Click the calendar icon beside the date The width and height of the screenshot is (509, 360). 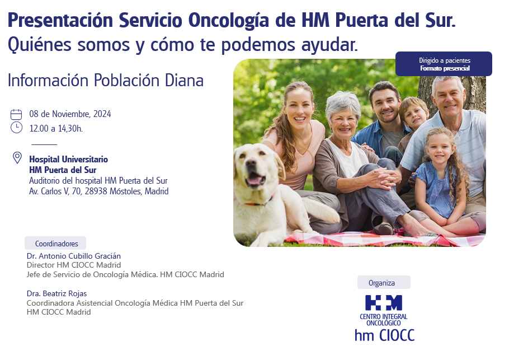pyautogui.click(x=16, y=114)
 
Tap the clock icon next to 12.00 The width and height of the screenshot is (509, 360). pyautogui.click(x=16, y=128)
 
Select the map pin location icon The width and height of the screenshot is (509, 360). pyautogui.click(x=17, y=157)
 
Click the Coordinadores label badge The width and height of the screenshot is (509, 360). pyautogui.click(x=55, y=244)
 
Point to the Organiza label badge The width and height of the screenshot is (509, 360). pyautogui.click(x=384, y=283)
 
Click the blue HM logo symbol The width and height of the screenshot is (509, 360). pyautogui.click(x=383, y=303)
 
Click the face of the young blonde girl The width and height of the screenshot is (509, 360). pyautogui.click(x=439, y=150)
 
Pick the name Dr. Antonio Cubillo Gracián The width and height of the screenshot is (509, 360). pyautogui.click(x=74, y=256)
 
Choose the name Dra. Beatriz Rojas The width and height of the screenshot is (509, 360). pyautogui.click(x=57, y=294)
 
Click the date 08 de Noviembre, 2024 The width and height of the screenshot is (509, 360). pyautogui.click(x=70, y=114)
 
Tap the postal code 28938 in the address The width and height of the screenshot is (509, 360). pyautogui.click(x=96, y=191)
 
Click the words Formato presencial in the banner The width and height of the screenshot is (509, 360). pyautogui.click(x=445, y=68)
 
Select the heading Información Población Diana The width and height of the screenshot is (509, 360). pyautogui.click(x=106, y=80)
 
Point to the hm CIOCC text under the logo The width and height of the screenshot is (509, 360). pyautogui.click(x=385, y=335)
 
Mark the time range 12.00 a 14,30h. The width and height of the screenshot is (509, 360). pyautogui.click(x=56, y=129)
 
